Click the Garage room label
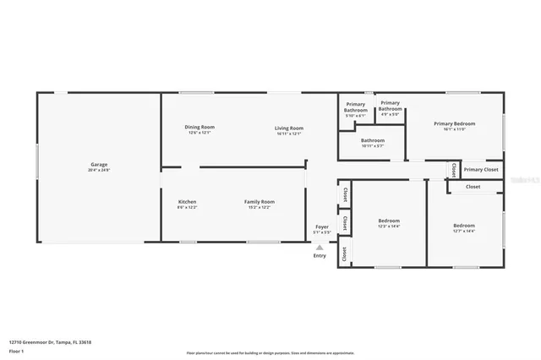[99, 164]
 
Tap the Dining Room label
[199, 127]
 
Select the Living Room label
[288, 127]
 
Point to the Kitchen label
[187, 202]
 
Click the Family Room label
[260, 202]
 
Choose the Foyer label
[321, 226]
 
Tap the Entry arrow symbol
[320, 247]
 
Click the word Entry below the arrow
[320, 256]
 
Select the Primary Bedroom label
[455, 123]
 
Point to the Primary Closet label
[480, 169]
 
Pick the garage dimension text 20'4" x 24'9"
[99, 171]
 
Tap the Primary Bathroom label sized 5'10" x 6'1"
[356, 107]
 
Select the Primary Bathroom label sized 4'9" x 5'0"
[390, 106]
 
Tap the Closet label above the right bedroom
[473, 187]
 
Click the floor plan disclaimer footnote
[270, 353]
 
